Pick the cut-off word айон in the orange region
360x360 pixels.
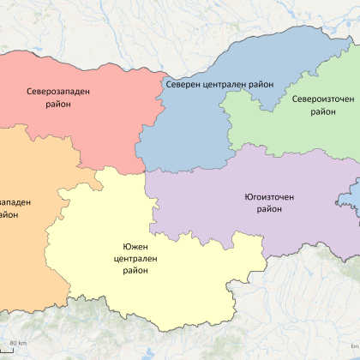pos(10,216)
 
